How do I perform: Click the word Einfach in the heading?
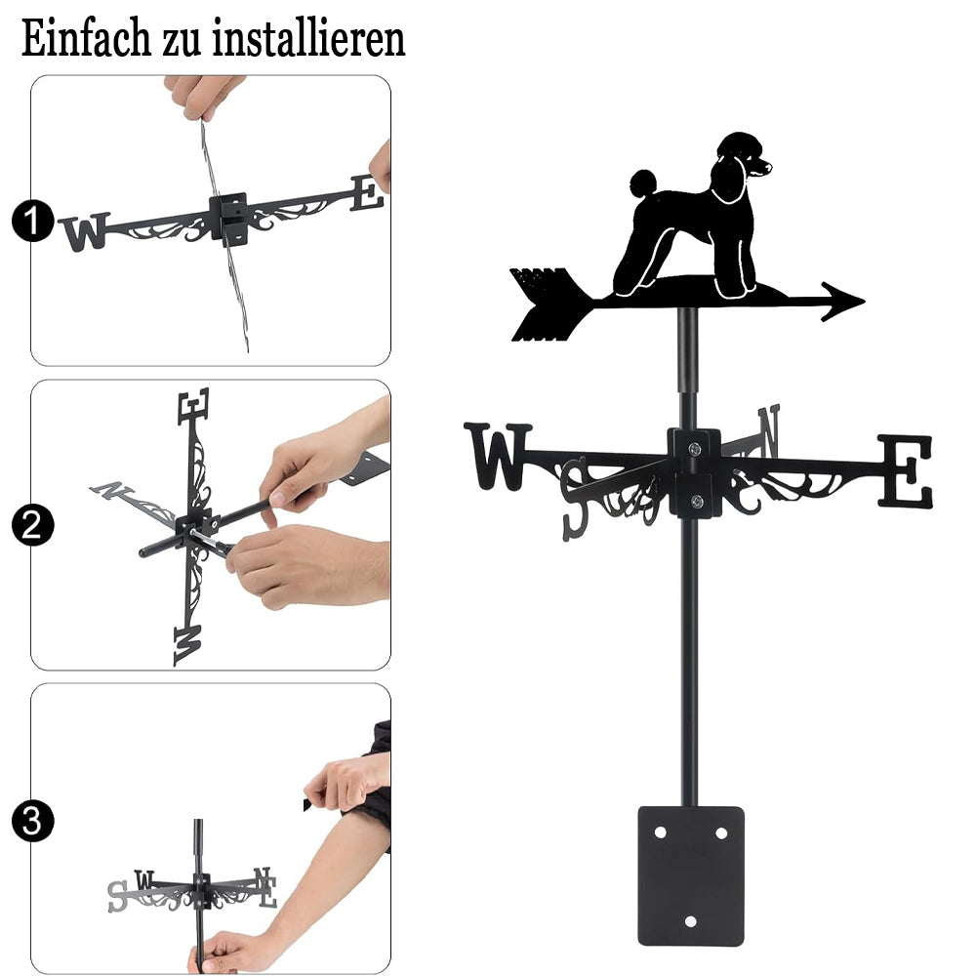coord(86,39)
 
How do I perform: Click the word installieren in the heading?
coord(308,39)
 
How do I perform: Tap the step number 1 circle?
coord(32,221)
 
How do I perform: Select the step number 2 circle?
coord(32,525)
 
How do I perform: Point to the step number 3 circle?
coord(32,821)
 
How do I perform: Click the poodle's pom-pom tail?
coord(643,183)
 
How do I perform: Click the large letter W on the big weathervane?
coord(498,456)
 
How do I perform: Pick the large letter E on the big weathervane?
coord(905,471)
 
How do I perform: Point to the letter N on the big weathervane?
coord(769,429)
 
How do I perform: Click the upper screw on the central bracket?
coord(695,448)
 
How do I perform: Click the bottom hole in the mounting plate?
coord(690,921)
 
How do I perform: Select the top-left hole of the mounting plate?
coord(661,833)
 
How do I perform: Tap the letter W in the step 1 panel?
coord(85,231)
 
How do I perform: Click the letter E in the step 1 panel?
coord(367,193)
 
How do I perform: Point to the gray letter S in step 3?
coord(116,896)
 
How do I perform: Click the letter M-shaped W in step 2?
coord(188,644)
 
